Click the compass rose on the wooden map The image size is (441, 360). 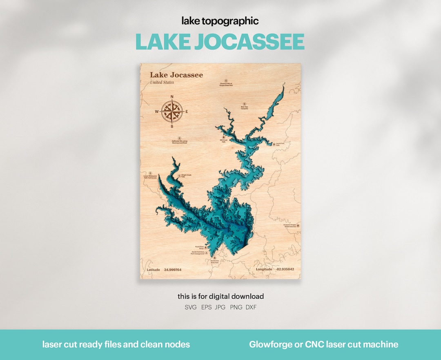(x=172, y=111)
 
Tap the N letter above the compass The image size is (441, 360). (x=172, y=97)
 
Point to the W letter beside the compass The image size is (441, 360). (x=157, y=112)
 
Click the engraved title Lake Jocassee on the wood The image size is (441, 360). (x=176, y=75)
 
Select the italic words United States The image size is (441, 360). (x=162, y=83)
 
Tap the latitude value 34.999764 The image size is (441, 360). (x=173, y=270)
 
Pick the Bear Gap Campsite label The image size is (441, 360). (x=244, y=108)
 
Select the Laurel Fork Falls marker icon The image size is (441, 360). (x=274, y=144)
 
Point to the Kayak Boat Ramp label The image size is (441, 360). (x=199, y=248)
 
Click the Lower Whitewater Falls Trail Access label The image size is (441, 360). (x=150, y=177)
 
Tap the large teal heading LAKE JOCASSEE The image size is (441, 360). (x=220, y=42)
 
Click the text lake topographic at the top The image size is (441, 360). (x=220, y=21)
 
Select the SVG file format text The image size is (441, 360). (x=191, y=307)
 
